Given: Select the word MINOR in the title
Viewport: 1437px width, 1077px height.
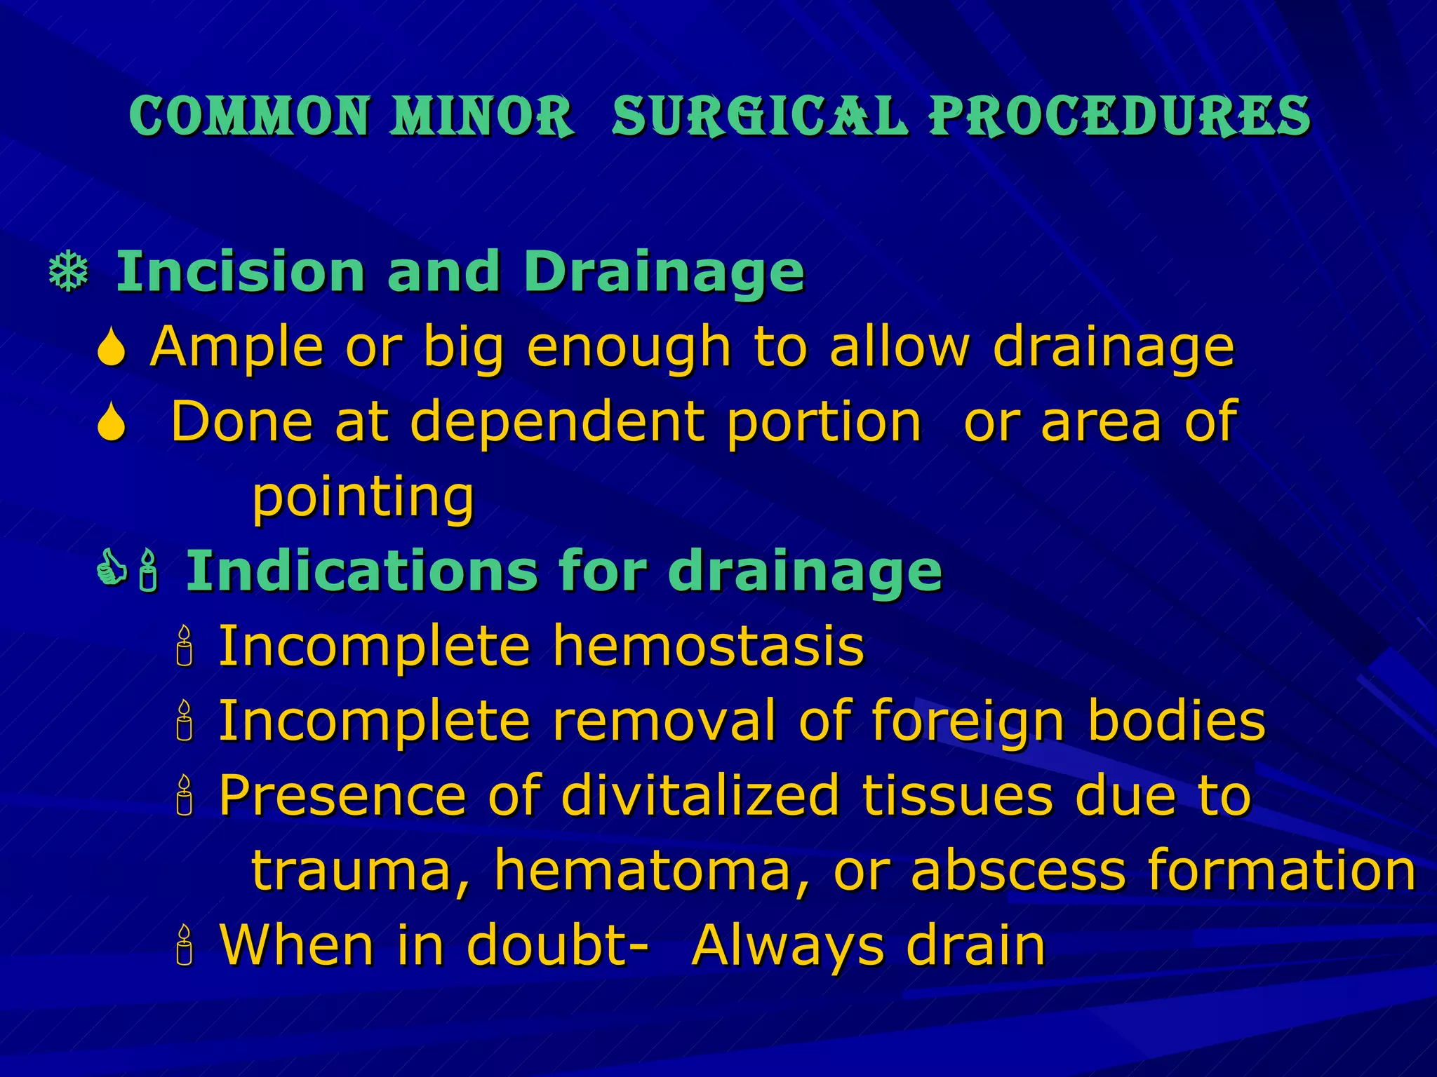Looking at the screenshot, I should point(483,116).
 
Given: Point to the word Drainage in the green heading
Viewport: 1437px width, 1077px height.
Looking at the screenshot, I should point(664,274).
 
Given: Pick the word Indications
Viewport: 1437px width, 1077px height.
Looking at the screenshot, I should point(361,571).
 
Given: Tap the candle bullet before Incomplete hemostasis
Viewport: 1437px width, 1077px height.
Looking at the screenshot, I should point(185,646).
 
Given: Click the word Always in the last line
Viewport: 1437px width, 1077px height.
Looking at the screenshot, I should point(787,947).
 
